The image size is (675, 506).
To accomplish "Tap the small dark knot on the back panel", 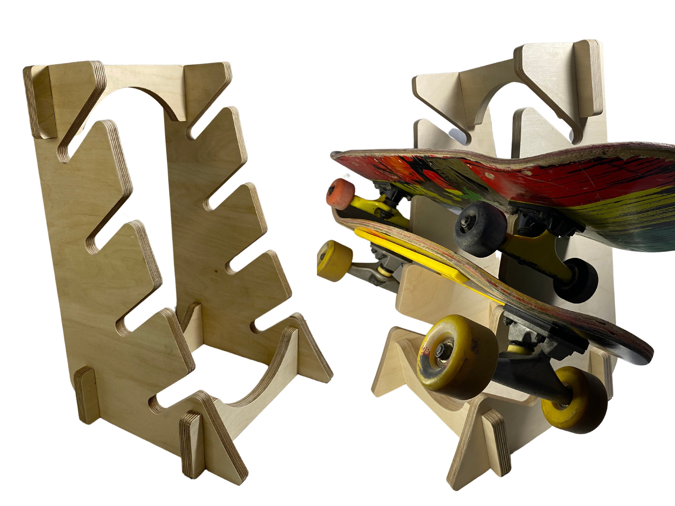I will [216, 270].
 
